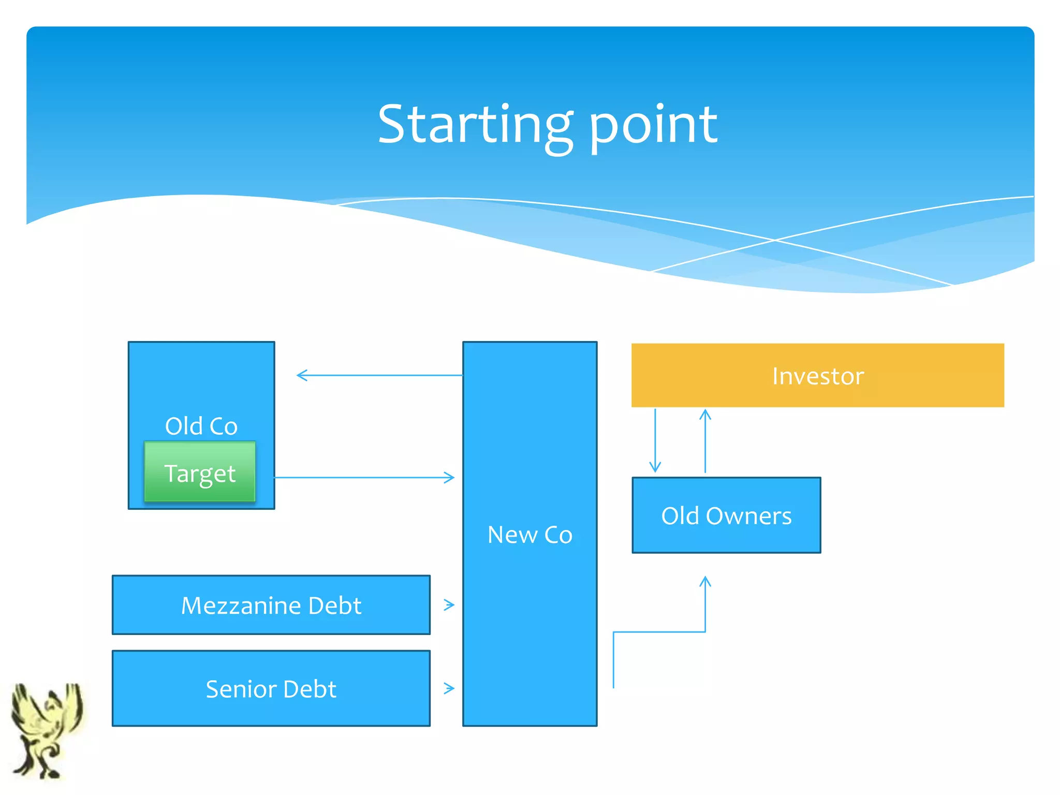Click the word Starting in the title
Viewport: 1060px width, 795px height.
click(x=474, y=125)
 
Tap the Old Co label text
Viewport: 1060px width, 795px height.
click(x=201, y=426)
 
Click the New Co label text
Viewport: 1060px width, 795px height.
click(x=529, y=535)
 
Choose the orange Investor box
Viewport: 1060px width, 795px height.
click(x=817, y=375)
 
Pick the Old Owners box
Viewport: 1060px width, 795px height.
click(x=726, y=516)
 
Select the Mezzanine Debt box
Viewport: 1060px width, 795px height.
click(x=271, y=605)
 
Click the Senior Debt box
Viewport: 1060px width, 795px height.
click(x=271, y=688)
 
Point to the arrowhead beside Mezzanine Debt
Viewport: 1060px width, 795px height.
click(x=449, y=605)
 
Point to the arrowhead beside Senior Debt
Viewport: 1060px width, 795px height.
click(x=449, y=688)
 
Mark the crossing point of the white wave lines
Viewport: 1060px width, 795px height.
click(x=775, y=240)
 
